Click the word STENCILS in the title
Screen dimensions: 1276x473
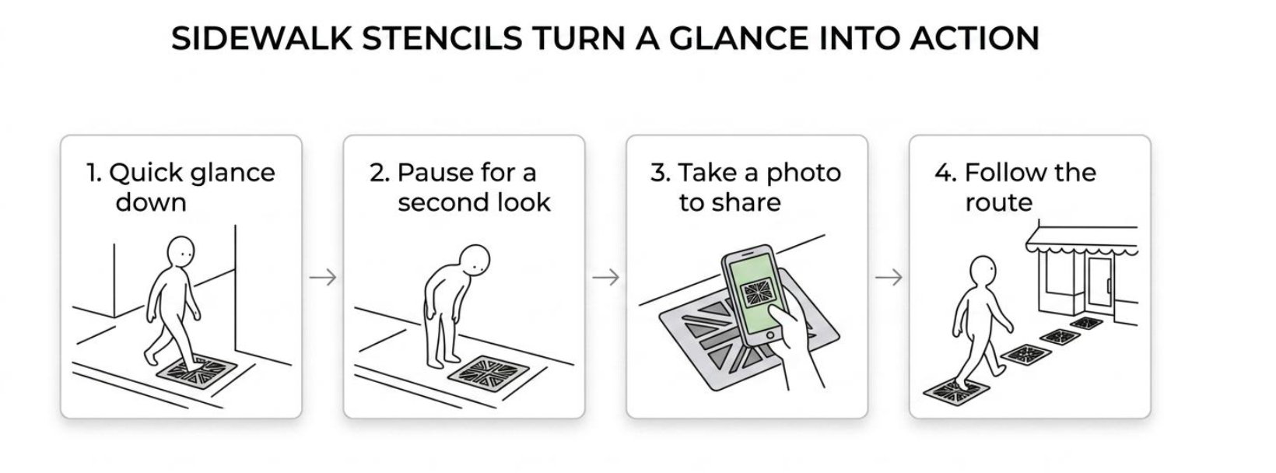click(x=441, y=38)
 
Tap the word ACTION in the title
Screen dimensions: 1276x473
click(x=975, y=38)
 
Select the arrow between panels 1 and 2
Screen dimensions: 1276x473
click(x=323, y=278)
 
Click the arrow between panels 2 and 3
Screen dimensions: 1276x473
click(x=605, y=278)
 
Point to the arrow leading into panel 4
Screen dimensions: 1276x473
click(x=889, y=278)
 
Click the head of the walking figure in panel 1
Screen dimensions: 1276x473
click(x=181, y=251)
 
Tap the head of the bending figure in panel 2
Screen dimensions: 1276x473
click(x=475, y=261)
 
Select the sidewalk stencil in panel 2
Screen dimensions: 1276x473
click(x=488, y=373)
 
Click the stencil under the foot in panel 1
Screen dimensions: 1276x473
click(x=197, y=370)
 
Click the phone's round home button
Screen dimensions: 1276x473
click(x=770, y=335)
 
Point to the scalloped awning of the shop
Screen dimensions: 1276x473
click(x=1082, y=242)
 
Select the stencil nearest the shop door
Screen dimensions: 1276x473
click(x=1086, y=323)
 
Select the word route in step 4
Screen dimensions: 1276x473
click(x=998, y=203)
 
